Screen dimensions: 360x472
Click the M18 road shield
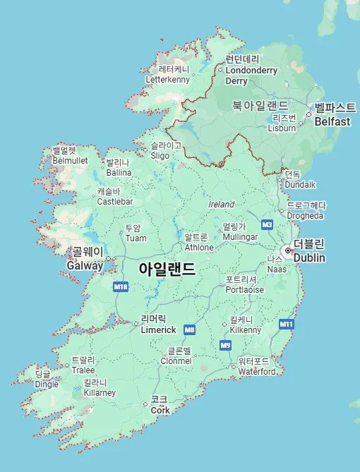[x=121, y=286]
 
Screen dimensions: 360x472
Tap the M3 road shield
[x=266, y=224]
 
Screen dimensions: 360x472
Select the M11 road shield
[x=286, y=324]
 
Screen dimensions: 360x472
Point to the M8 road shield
[x=189, y=329]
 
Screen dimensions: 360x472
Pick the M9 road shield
[x=225, y=345]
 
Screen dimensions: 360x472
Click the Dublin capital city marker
[x=287, y=250]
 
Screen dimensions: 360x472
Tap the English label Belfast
[x=332, y=121]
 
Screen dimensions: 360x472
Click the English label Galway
[x=85, y=265]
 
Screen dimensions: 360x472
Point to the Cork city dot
[x=145, y=404]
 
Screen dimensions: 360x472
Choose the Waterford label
[x=257, y=371]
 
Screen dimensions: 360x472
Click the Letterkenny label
[x=167, y=80]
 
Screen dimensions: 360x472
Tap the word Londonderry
[x=251, y=70]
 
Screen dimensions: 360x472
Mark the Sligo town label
[x=160, y=155]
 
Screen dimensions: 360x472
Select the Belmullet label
[x=69, y=160]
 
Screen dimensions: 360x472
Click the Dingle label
[x=47, y=385]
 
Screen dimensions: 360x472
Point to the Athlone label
[x=199, y=248]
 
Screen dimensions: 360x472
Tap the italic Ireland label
[x=221, y=204]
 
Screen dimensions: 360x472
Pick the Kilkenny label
[x=246, y=329]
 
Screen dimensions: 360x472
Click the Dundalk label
[x=300, y=185]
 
